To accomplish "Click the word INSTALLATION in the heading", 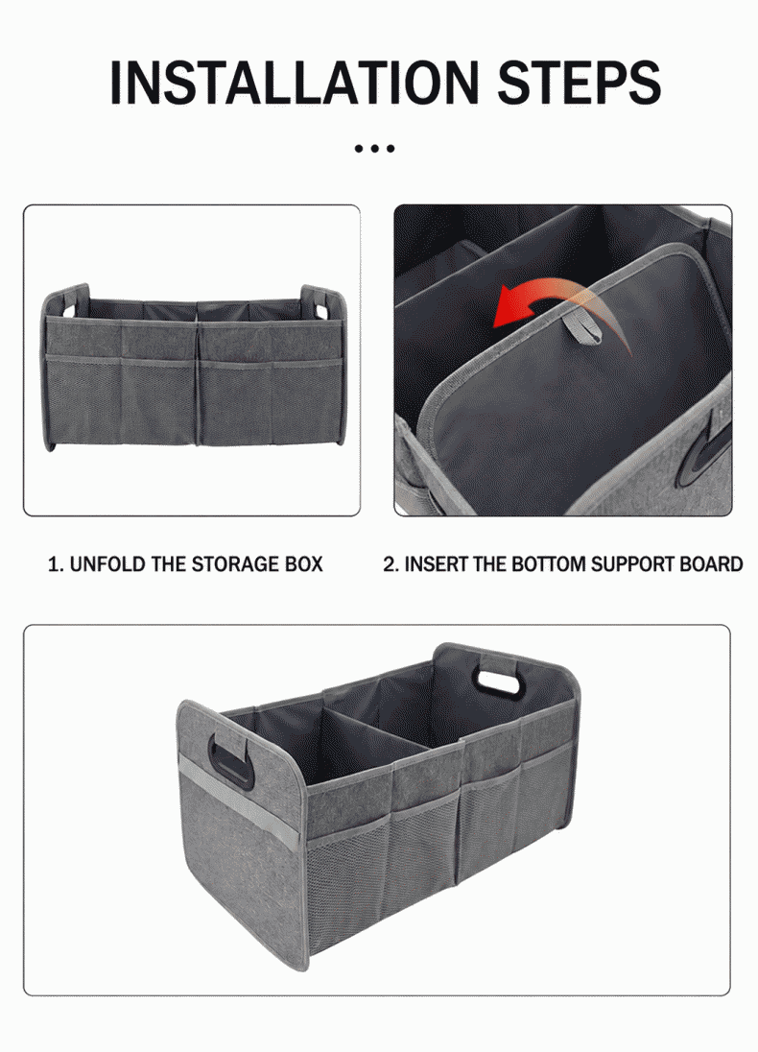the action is click(294, 83).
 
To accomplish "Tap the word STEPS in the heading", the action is click(579, 83).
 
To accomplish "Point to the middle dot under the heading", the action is click(374, 148).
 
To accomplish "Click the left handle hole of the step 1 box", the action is click(70, 310).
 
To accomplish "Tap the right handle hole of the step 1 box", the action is click(320, 311).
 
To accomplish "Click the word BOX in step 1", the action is click(304, 564).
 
